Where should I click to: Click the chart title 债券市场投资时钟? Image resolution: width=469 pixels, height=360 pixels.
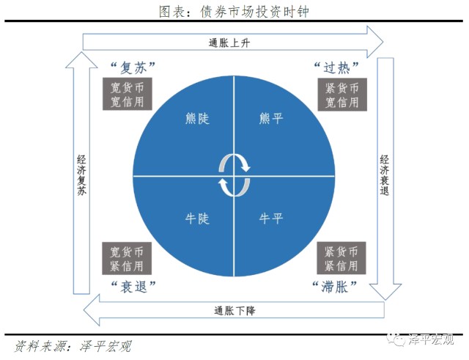click(234, 11)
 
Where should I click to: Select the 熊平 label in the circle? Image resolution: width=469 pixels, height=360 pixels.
click(271, 117)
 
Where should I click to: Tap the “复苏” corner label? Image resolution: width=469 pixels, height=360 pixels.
click(133, 67)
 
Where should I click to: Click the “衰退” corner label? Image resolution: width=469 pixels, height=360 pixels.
click(133, 286)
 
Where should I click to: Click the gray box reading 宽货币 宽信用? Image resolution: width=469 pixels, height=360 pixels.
click(122, 94)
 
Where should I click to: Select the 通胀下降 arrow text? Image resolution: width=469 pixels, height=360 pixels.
click(234, 309)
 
